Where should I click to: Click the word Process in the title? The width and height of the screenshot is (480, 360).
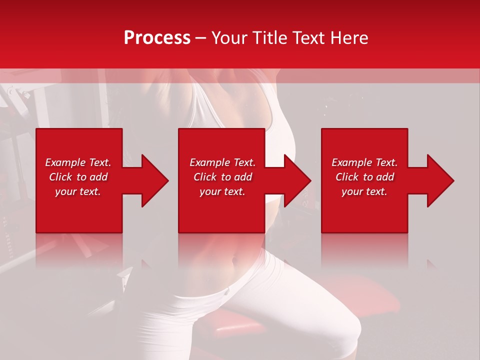[157, 38]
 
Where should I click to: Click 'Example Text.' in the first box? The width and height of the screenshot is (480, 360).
[78, 162]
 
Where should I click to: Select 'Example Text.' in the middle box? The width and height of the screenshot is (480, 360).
[222, 162]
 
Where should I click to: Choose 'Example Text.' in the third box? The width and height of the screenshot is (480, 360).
[364, 162]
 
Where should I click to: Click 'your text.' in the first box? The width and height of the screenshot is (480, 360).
[78, 191]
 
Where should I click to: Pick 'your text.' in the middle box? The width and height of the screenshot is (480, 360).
[222, 191]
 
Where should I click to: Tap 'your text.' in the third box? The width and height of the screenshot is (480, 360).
[364, 191]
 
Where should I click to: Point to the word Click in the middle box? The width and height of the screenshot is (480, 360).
[205, 177]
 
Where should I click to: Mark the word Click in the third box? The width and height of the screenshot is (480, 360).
[347, 177]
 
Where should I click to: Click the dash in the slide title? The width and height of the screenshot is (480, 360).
[200, 38]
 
